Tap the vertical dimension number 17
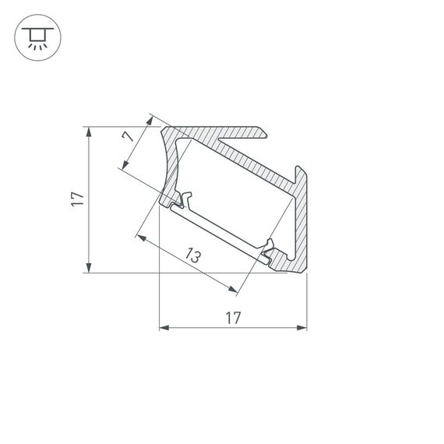[76, 199]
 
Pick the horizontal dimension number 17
[232, 317]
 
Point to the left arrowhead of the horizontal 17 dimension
[164, 328]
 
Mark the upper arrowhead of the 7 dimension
[149, 122]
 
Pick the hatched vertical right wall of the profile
[301, 226]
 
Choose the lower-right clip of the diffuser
[269, 249]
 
